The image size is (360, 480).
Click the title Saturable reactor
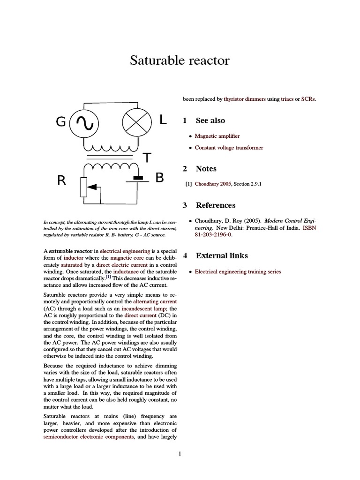180,61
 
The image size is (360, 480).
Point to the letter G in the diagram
61,122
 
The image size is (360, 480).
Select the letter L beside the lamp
163,120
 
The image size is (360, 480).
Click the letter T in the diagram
147,158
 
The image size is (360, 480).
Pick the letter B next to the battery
159,179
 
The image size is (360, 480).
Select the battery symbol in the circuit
138,179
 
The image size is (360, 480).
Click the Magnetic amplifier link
217,136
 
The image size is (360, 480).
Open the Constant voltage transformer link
229,148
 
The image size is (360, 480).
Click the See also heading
210,120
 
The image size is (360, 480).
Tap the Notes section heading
206,169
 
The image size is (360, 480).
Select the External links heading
222,256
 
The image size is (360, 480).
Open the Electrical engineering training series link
238,272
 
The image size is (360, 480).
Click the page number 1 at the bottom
180,453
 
